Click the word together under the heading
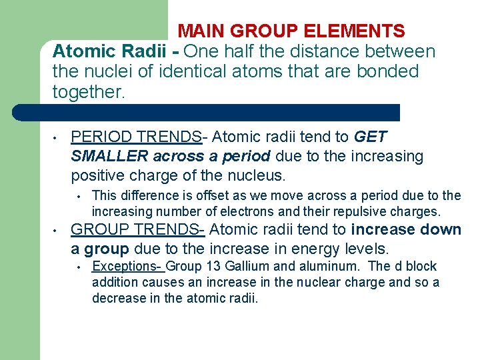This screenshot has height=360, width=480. pyautogui.click(x=88, y=91)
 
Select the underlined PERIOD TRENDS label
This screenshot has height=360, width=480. pyautogui.click(x=136, y=137)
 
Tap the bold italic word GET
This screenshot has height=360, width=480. pyautogui.click(x=371, y=137)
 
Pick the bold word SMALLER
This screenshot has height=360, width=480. pyautogui.click(x=109, y=157)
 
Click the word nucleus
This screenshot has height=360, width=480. pyautogui.click(x=256, y=177)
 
